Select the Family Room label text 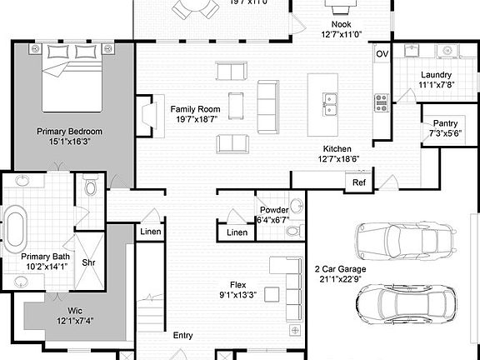pyautogui.click(x=195, y=109)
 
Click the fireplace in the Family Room pyautogui.click(x=147, y=115)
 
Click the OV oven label pyautogui.click(x=382, y=54)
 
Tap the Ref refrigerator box pyautogui.click(x=359, y=182)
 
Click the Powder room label pyautogui.click(x=274, y=209)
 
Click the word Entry pyautogui.click(x=182, y=335)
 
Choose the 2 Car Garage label pyautogui.click(x=340, y=269)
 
